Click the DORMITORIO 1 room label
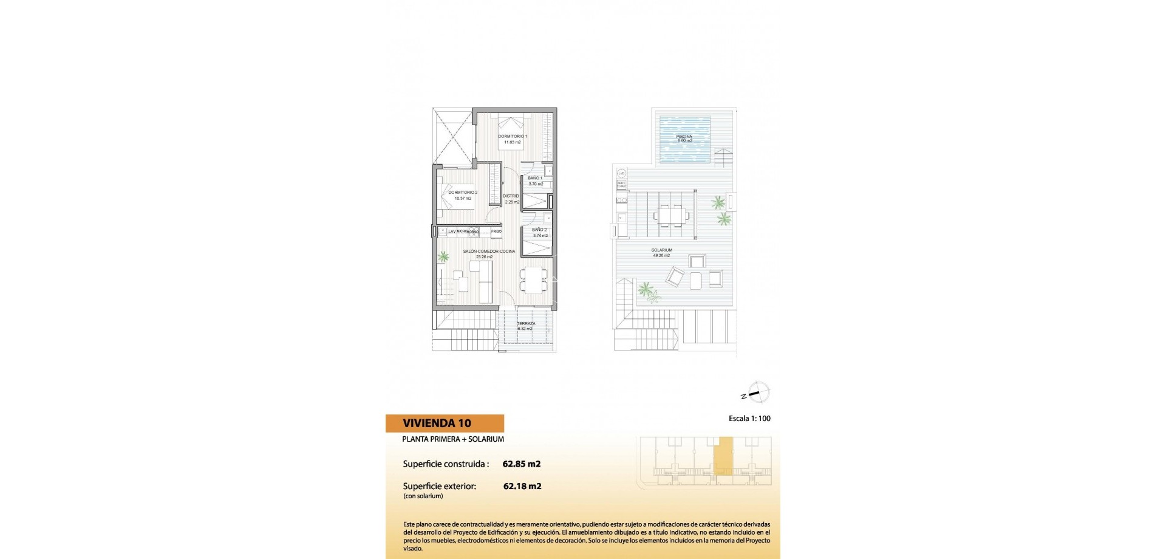tap(513, 137)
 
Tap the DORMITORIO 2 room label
tap(463, 193)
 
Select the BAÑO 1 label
tap(535, 178)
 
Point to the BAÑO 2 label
tap(539, 230)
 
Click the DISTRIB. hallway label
tap(511, 196)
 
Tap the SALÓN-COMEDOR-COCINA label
tap(489, 252)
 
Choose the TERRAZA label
tap(526, 324)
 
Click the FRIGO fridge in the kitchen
tap(497, 231)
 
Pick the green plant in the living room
tap(444, 257)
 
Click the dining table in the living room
tap(533, 280)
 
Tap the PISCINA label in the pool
tap(684, 137)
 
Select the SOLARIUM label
tap(661, 250)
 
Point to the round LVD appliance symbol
tap(621, 173)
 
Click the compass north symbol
tap(757, 393)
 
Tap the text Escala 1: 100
tap(749, 419)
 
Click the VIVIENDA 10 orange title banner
tap(445, 424)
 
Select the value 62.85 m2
tap(522, 464)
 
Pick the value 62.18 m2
tap(522, 486)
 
